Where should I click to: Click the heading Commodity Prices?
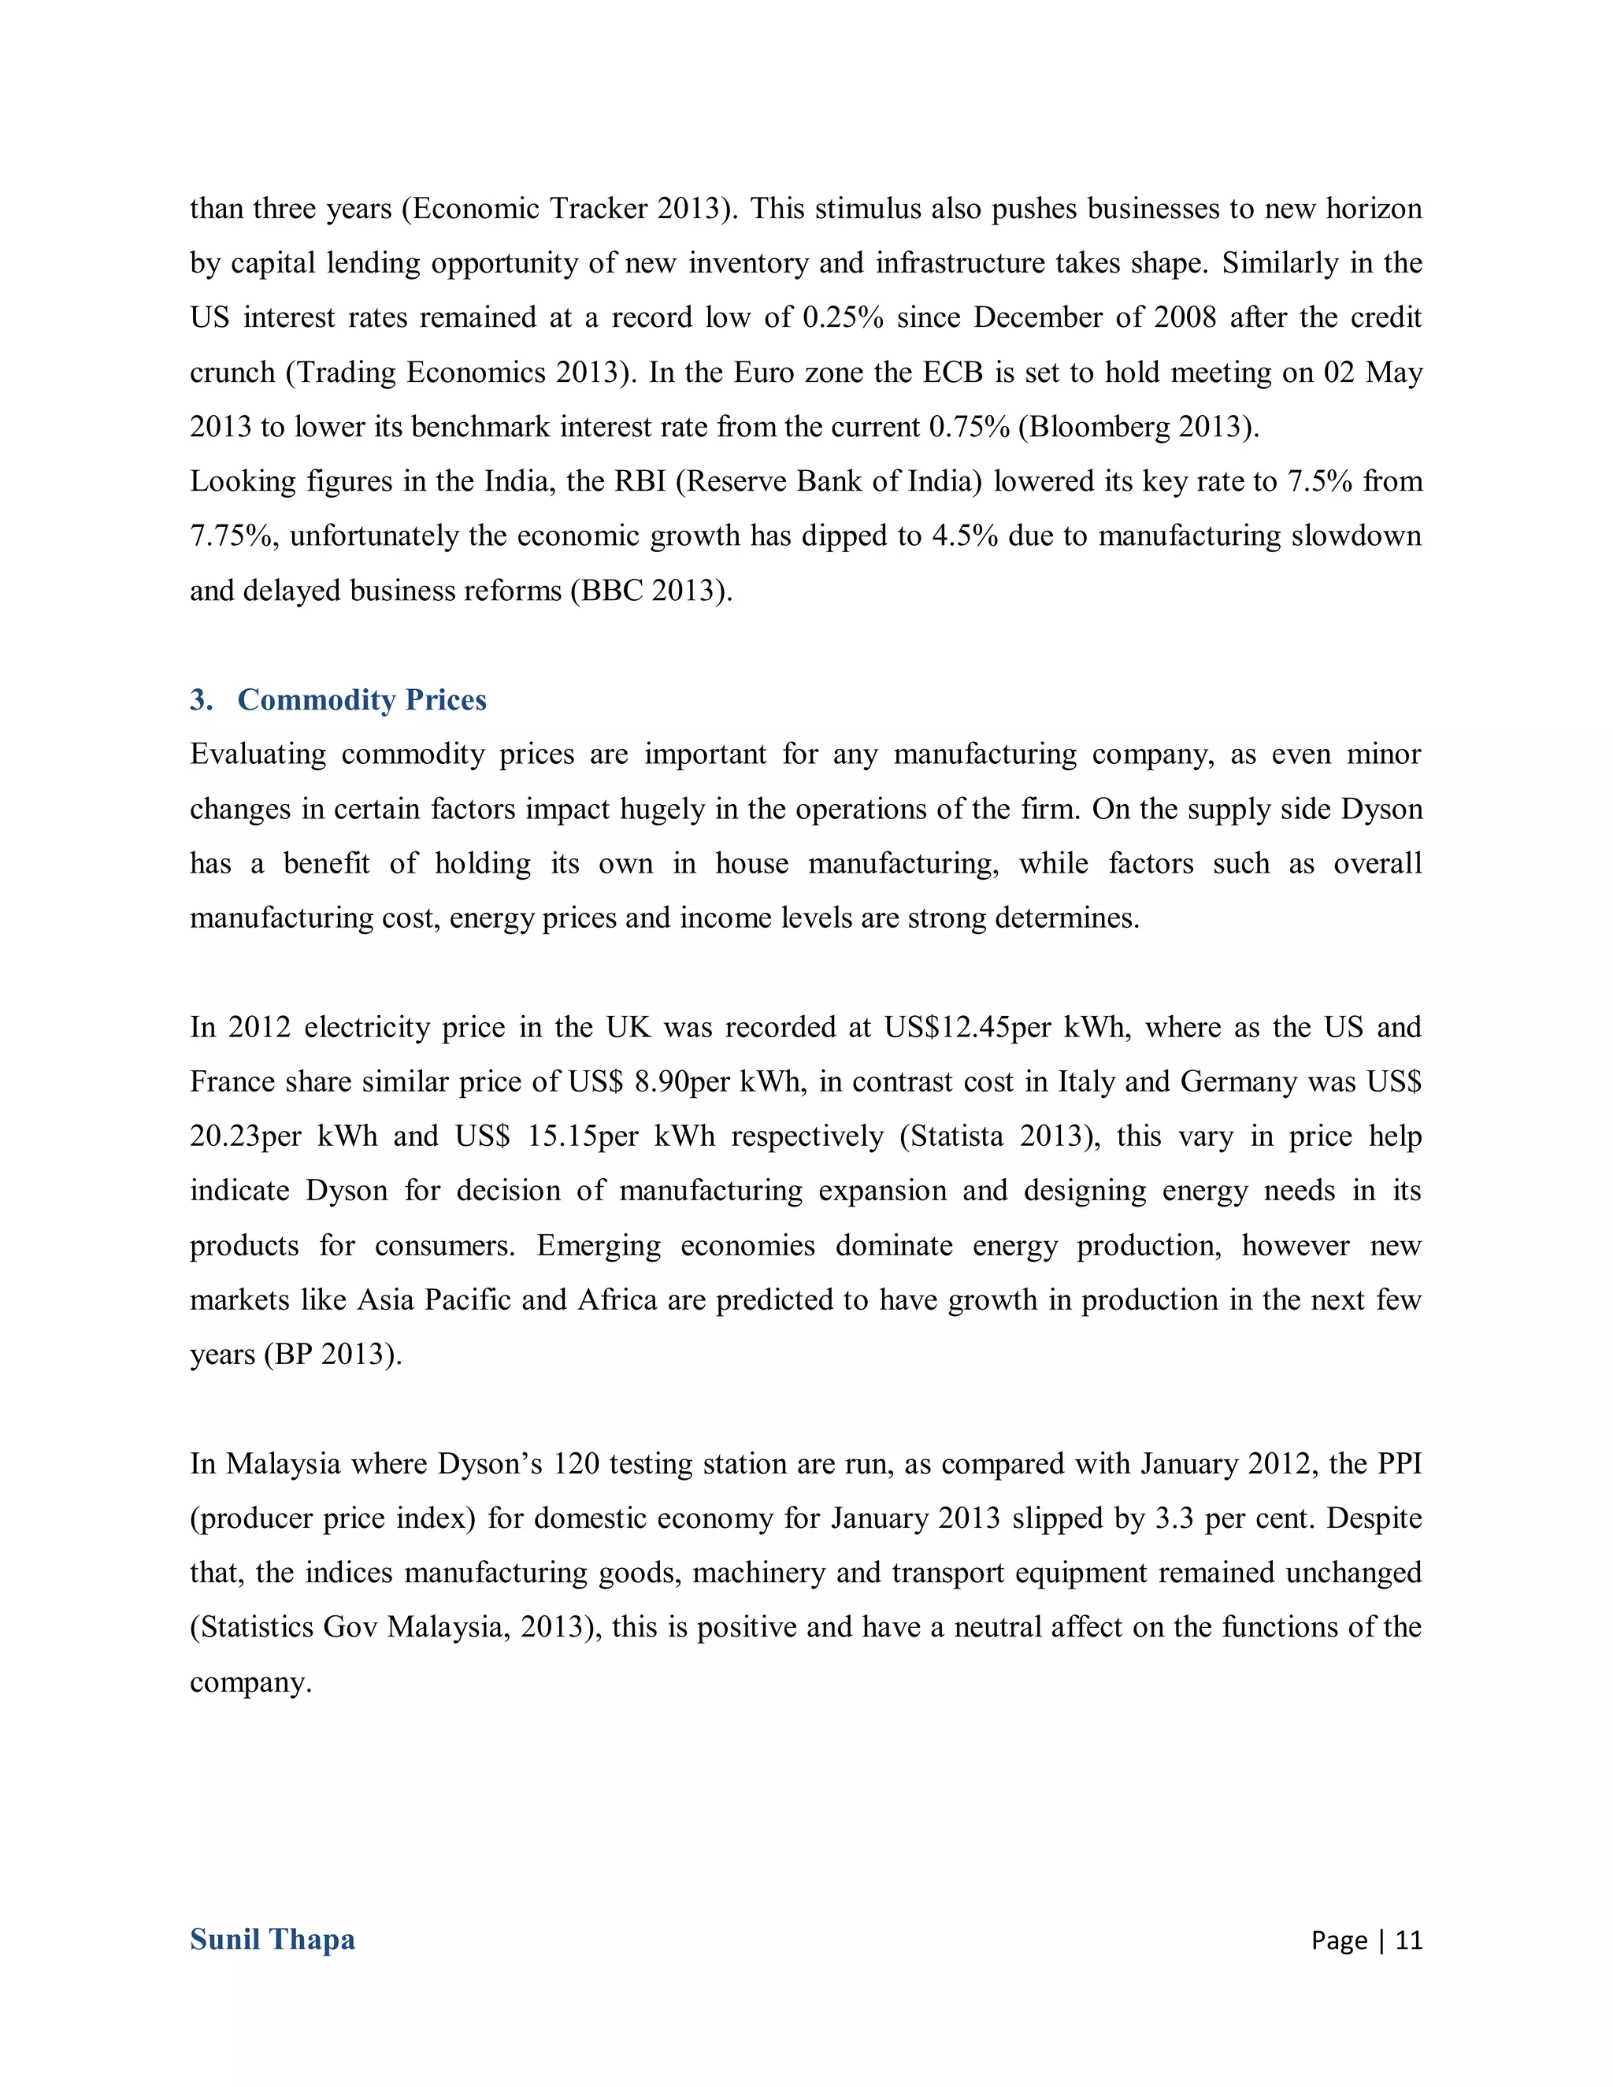pos(362,699)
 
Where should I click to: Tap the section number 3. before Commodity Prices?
pos(201,699)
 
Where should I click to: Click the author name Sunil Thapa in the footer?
pos(273,1939)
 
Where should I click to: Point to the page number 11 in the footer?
pos(1408,1940)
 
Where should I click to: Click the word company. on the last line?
pos(250,1682)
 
